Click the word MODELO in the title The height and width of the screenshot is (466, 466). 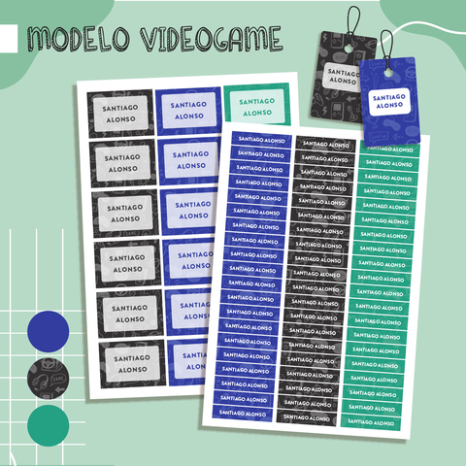79,39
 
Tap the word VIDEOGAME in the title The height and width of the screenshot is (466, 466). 211,39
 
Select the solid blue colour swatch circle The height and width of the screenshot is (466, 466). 49,331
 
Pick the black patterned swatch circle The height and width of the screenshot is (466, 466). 49,379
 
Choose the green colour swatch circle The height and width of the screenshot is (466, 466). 49,426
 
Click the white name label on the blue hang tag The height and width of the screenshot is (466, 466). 389,101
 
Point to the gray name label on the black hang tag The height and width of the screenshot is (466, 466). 341,77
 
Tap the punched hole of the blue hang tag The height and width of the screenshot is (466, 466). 388,73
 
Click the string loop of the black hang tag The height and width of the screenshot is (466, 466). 352,22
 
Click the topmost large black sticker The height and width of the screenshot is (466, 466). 119,114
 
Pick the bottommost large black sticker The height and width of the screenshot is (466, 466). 132,364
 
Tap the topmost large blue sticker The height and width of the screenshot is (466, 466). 188,111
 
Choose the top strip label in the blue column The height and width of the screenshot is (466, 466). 261,140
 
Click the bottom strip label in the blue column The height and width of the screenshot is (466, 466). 243,414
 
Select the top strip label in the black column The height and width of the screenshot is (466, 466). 325,145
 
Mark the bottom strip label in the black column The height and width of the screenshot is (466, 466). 306,418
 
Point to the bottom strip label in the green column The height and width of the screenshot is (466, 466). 371,422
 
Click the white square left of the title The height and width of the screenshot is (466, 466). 9,39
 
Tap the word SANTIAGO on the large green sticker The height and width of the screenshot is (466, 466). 256,102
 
